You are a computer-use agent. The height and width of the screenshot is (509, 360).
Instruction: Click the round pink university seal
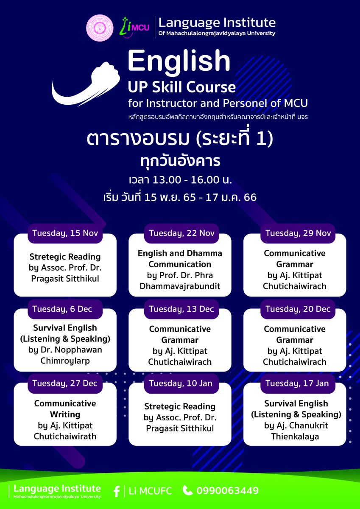coord(100,28)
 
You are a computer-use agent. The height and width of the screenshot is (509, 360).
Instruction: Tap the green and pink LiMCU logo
coord(134,27)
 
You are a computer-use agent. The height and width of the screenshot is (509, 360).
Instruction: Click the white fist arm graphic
coord(86,84)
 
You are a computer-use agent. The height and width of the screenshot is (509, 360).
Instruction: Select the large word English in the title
coord(179,62)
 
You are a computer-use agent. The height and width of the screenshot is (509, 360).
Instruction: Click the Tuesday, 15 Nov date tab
coord(65,233)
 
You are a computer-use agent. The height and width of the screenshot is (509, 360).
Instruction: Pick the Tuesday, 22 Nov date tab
coord(181,233)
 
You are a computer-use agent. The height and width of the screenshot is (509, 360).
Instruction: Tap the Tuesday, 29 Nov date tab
coord(298,233)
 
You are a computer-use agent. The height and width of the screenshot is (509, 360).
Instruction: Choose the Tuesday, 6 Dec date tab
coord(65,309)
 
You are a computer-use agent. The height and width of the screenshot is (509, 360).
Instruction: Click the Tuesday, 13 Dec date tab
coord(181,309)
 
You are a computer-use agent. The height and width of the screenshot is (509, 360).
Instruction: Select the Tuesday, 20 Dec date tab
coord(298,309)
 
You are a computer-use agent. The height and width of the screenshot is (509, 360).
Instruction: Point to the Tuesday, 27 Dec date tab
coord(65,383)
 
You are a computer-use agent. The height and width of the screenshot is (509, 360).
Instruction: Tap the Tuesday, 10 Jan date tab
coord(181,383)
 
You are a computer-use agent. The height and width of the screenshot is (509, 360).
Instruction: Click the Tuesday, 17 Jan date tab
coord(298,383)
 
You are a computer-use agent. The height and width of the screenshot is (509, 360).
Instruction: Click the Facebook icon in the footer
coord(117,491)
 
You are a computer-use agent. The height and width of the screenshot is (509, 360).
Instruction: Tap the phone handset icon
coord(188,490)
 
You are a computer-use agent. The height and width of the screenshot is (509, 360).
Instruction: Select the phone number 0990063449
coord(228,491)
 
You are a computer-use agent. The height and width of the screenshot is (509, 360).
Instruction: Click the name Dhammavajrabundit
coord(180,286)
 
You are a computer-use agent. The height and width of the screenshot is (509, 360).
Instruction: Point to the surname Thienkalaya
coord(295,436)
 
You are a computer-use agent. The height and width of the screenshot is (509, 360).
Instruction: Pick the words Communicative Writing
coord(65,409)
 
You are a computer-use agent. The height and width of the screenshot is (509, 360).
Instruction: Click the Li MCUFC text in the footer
coord(151,491)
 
